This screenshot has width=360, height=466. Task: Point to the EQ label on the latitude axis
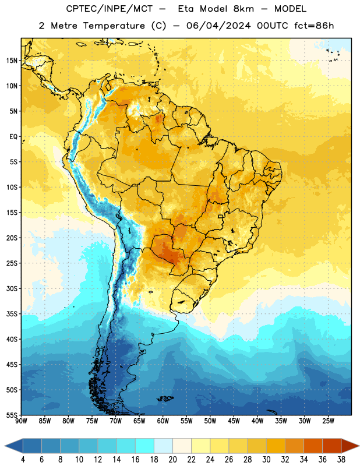tap(13, 137)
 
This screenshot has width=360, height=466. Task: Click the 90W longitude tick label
tap(22, 421)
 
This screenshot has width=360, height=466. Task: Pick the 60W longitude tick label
tap(163, 421)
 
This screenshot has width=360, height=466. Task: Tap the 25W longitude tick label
tap(328, 421)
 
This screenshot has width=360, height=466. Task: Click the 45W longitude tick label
tap(234, 421)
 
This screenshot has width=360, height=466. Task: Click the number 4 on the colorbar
tap(23, 460)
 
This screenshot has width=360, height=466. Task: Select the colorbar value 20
tap(172, 460)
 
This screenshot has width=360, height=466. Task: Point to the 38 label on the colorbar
tap(341, 460)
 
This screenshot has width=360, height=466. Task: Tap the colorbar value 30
tap(266, 460)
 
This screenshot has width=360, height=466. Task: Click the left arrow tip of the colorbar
tap(5, 446)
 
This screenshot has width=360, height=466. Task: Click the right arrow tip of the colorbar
tap(359, 446)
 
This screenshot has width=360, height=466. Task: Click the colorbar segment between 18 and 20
tap(163, 446)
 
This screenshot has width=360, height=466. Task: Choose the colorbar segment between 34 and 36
tap(313, 446)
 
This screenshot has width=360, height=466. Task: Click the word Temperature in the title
tap(114, 26)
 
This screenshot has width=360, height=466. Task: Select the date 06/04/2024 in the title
tap(218, 26)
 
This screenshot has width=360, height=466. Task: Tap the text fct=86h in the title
tap(314, 26)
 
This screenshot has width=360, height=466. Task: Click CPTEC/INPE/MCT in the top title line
tap(110, 9)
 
